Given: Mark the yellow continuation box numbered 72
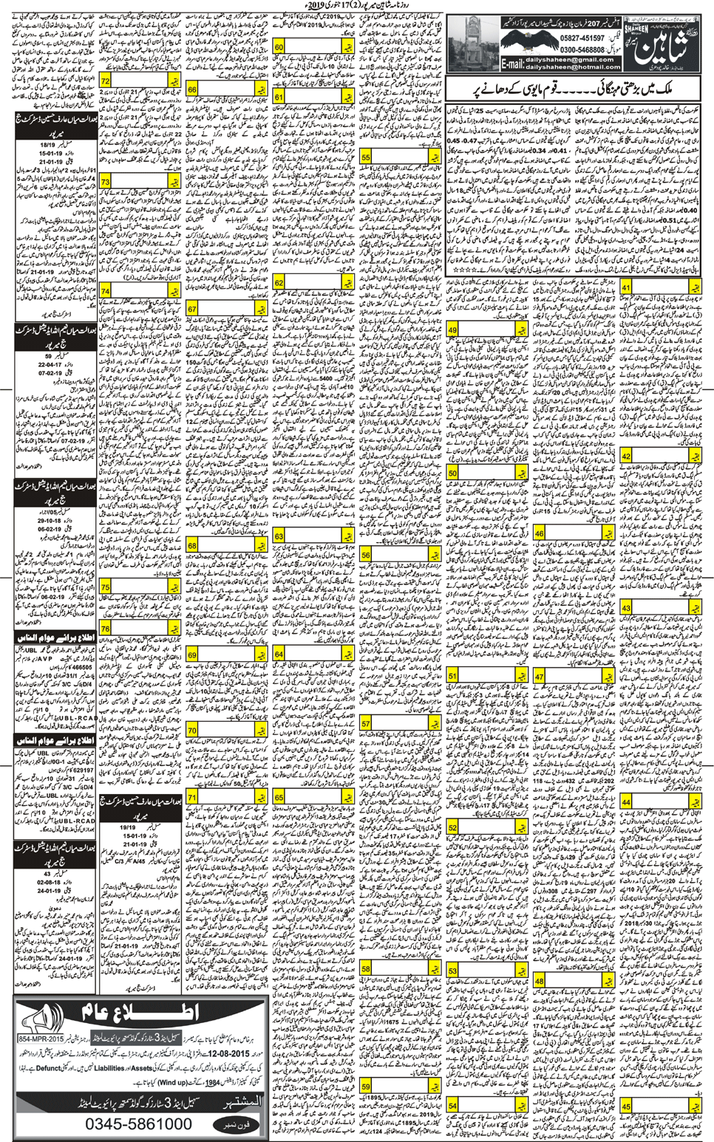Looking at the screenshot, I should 115,80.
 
